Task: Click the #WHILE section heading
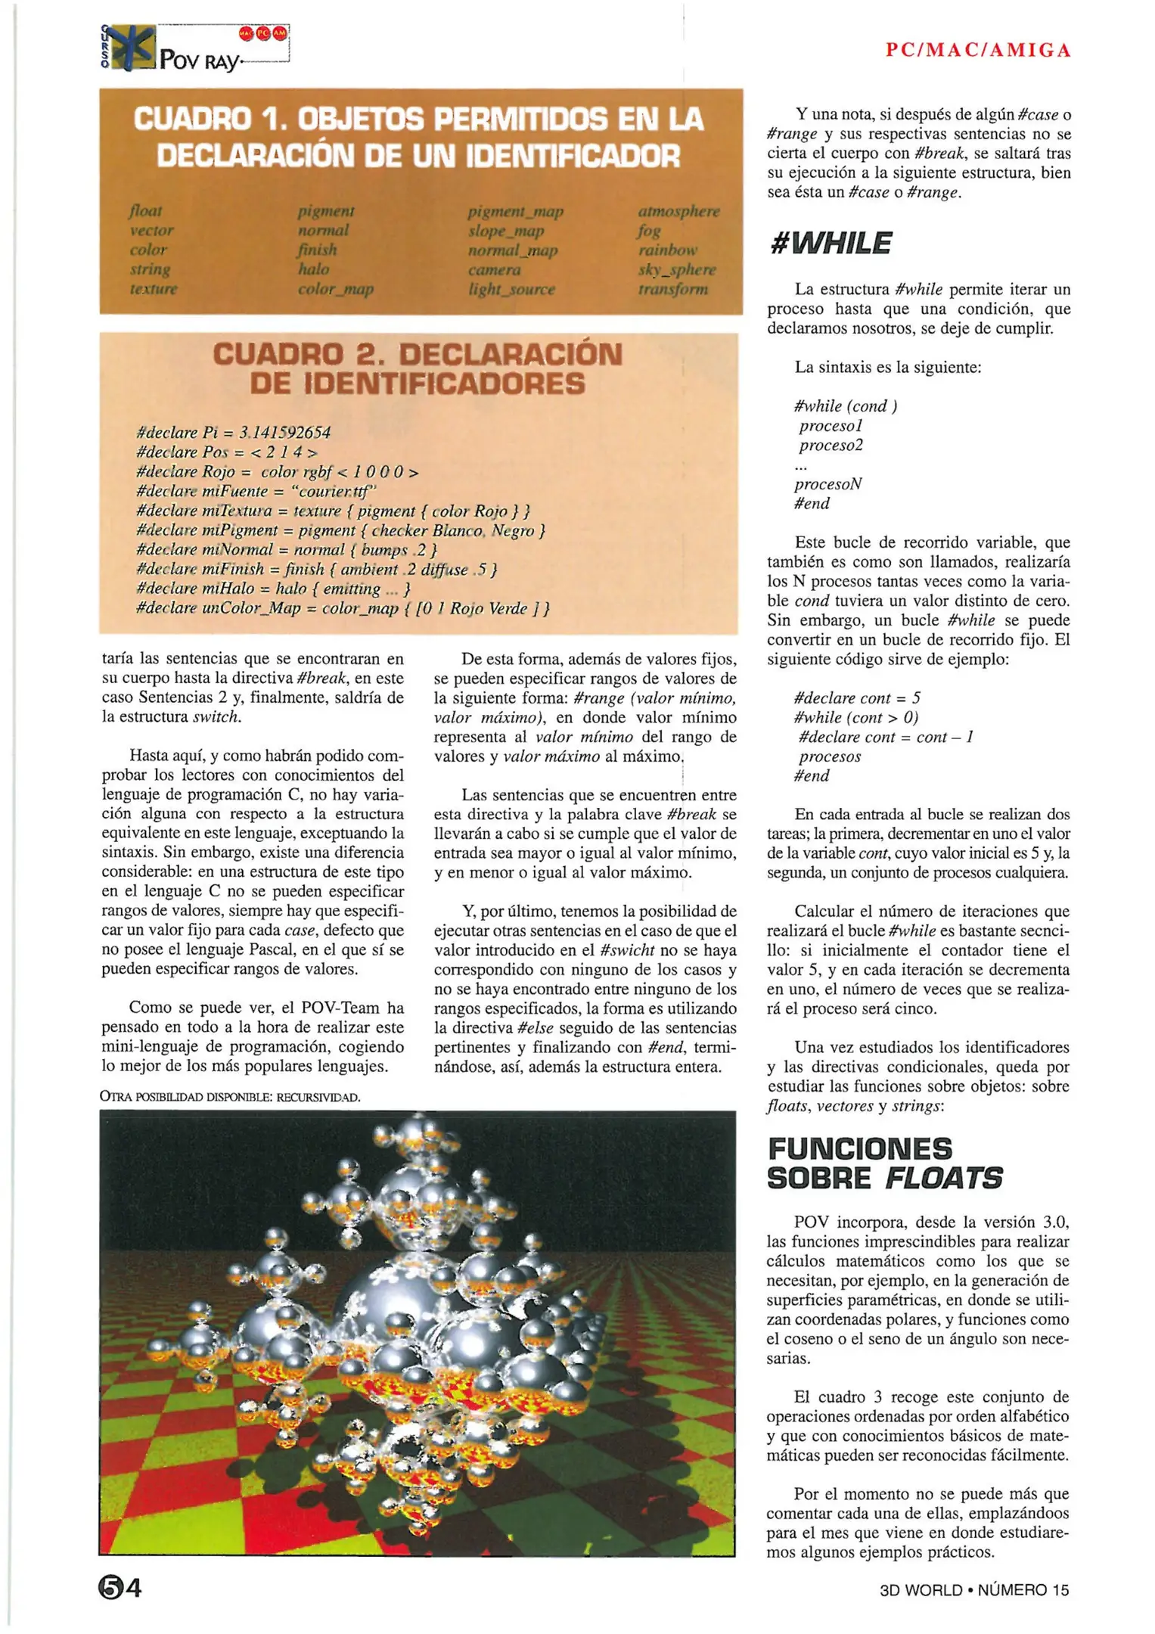tap(831, 244)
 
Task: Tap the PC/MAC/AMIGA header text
tap(978, 51)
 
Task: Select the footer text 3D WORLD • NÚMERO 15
tap(974, 1589)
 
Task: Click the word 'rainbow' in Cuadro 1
tap(667, 250)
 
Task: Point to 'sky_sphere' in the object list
tap(677, 270)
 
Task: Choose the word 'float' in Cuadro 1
tap(145, 211)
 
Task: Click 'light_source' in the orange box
tap(511, 290)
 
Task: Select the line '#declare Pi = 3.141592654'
tap(234, 433)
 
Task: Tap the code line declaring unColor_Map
tap(342, 608)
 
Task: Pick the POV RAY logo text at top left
tap(200, 61)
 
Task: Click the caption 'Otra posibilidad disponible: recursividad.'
tap(230, 1097)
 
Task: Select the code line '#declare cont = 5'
tap(857, 698)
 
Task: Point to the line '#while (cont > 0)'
tap(856, 718)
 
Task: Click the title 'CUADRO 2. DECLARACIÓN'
tap(418, 355)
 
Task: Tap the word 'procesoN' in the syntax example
tap(828, 484)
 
